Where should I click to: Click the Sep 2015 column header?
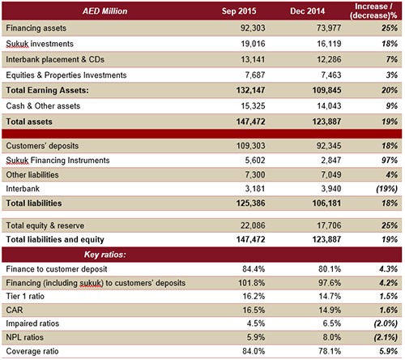tap(239, 11)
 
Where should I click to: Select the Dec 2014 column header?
tap(308, 11)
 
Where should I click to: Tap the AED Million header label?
tap(104, 11)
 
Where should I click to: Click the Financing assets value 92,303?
tap(253, 28)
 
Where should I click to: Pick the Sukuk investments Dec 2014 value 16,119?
tap(329, 44)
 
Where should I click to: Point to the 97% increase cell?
tap(390, 161)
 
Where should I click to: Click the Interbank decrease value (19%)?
tap(386, 189)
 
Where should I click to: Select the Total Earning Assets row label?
tap(47, 90)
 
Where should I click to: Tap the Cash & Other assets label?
tap(43, 106)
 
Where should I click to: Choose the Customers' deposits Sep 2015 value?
tap(251, 146)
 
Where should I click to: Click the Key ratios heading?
tap(105, 255)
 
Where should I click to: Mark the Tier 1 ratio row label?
tap(25, 296)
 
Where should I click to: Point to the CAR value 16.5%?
tap(254, 310)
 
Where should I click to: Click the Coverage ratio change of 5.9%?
tap(388, 351)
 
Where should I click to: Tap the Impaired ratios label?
tap(32, 324)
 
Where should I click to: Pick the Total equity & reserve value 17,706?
tap(329, 225)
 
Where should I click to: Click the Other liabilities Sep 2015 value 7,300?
tap(255, 174)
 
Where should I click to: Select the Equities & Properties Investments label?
tap(66, 75)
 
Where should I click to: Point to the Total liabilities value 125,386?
tap(251, 204)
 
